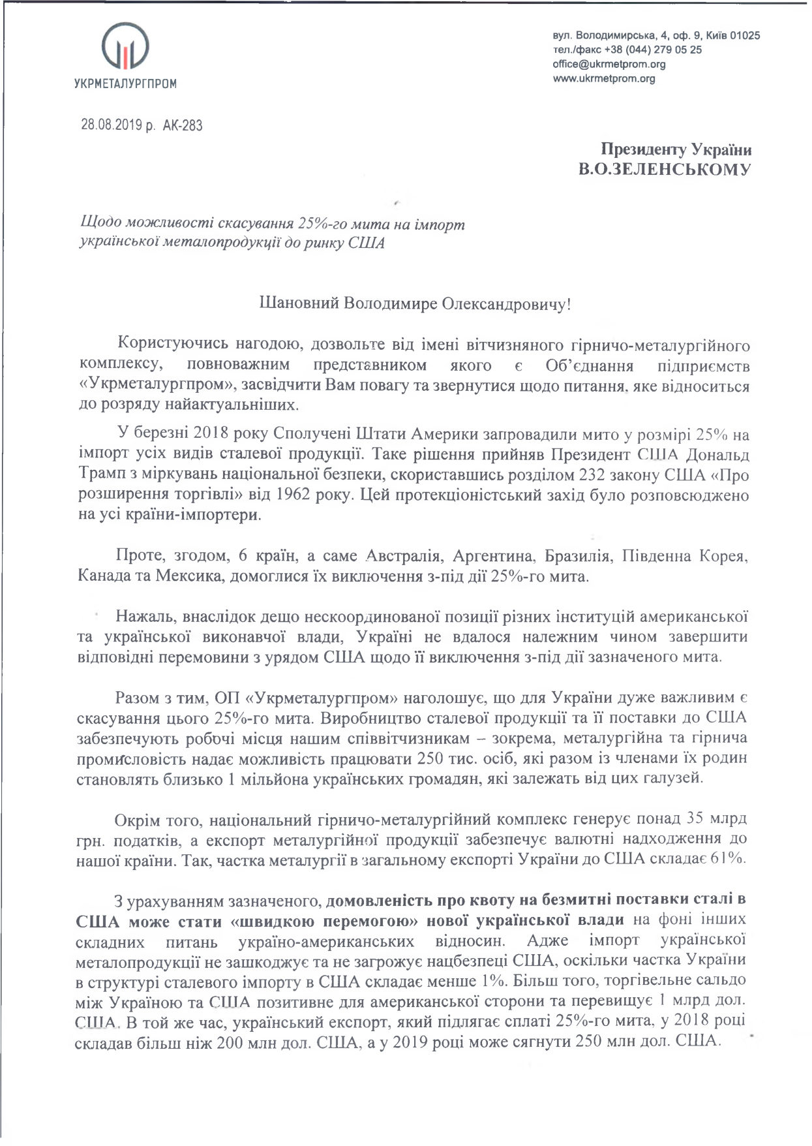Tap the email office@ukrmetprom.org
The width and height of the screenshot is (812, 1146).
click(609, 64)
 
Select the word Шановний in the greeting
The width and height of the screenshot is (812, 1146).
click(296, 304)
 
